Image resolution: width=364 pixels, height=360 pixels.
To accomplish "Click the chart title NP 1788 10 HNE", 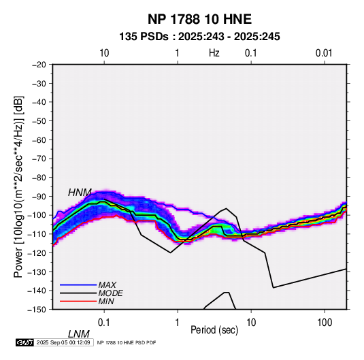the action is [x=199, y=19].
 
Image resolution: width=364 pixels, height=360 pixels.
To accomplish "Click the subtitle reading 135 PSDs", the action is [x=144, y=37].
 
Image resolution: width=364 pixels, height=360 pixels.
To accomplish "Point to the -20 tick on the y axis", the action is [x=39, y=65].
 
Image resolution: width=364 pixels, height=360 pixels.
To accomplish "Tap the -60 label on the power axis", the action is [x=39, y=140].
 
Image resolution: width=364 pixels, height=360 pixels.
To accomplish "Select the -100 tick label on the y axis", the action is [x=37, y=215].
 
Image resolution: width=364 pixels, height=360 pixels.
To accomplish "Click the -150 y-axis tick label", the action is [x=37, y=310].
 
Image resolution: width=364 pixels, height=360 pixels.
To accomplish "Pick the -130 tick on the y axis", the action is [x=37, y=272].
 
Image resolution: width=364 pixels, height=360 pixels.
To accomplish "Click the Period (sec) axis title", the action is [x=214, y=330].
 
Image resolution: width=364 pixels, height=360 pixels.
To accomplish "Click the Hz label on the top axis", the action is [x=214, y=53].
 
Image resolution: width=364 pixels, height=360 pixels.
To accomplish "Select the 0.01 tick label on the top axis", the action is [x=324, y=53].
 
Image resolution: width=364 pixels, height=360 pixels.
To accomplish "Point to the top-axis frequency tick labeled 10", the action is [x=104, y=53].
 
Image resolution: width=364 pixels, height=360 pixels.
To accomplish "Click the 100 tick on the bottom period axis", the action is [x=325, y=323].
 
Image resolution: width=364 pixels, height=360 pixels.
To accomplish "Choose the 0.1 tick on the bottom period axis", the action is [x=104, y=323].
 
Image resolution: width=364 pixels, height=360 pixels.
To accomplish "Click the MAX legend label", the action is [x=107, y=285].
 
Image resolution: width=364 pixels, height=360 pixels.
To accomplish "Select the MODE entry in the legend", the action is [x=110, y=293].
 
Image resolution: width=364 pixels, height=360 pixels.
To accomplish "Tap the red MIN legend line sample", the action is [x=78, y=301].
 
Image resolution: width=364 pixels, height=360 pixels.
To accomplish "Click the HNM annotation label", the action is [x=80, y=193].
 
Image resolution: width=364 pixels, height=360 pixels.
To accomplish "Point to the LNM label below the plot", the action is [x=78, y=334].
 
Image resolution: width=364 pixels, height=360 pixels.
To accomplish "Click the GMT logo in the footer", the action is [x=24, y=342].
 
